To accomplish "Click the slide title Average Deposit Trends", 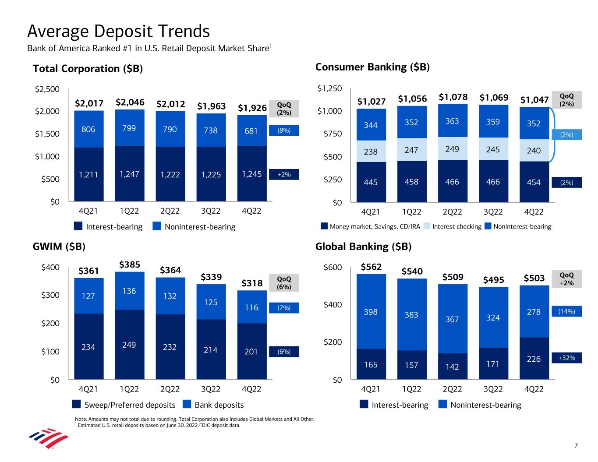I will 118,32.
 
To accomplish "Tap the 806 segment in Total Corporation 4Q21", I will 88,129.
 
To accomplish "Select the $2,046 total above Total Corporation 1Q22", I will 130,102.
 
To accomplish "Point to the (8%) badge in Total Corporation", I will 284,130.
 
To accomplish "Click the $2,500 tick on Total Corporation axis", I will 47,89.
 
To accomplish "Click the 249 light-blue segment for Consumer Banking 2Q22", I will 452,149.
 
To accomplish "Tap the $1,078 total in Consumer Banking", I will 453,97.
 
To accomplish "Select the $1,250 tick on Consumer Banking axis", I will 329,89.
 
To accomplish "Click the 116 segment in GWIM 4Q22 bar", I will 251,307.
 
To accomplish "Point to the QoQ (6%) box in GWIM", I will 284,283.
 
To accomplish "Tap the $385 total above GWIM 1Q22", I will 130,265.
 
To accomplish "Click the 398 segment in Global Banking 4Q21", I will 371,312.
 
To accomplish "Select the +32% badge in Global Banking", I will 566,358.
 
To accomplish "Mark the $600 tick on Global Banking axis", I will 333,267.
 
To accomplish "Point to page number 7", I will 576,445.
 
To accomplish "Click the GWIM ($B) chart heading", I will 59,247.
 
